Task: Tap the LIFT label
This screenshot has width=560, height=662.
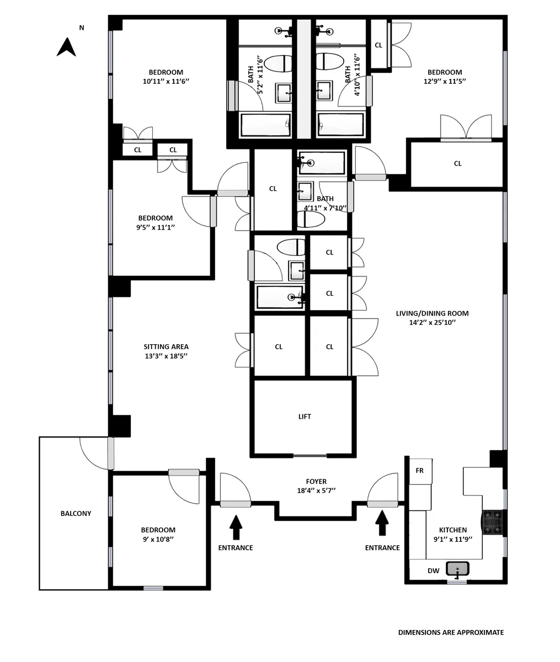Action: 305,417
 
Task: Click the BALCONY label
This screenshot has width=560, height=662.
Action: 76,514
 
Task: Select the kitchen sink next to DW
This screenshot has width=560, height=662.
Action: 457,569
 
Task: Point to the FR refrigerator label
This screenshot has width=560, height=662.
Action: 419,471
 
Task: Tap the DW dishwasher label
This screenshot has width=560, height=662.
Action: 434,571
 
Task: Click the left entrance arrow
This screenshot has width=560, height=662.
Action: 236,527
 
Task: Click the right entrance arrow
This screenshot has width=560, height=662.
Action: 382,523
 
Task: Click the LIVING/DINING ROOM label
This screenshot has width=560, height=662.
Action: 432,313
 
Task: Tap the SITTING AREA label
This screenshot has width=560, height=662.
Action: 166,347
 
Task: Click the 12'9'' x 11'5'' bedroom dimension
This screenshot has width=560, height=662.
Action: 444,81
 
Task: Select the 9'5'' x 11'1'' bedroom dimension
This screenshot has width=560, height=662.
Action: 155,227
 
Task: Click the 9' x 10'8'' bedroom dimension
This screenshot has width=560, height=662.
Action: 158,539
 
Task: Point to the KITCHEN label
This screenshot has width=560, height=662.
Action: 453,530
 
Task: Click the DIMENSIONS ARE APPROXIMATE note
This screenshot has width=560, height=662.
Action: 451,633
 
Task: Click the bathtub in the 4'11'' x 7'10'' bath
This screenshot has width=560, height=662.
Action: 322,163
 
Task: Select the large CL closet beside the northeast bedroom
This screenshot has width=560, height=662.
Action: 457,164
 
